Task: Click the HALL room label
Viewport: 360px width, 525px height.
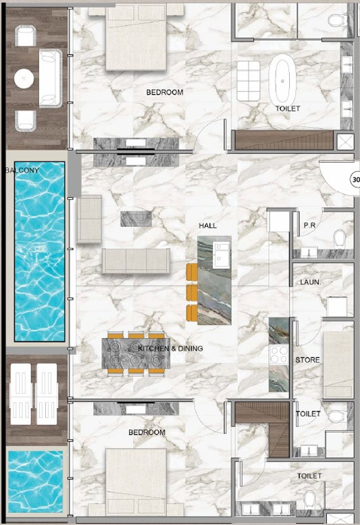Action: point(207,226)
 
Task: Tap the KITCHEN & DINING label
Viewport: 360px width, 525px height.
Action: point(170,349)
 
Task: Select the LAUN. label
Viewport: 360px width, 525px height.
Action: point(310,282)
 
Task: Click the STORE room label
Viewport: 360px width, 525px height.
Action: point(307,360)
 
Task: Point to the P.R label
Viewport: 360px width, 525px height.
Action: point(309,225)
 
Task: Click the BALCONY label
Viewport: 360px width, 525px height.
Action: point(22,170)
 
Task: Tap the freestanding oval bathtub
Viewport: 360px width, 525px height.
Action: point(283,80)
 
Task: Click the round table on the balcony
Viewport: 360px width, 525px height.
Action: point(24,78)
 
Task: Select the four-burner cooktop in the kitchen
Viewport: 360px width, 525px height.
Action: point(279,355)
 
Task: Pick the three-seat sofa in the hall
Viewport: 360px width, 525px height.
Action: point(136,261)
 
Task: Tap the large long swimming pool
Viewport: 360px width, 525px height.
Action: point(39,251)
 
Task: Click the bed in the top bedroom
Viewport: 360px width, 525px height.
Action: point(136,38)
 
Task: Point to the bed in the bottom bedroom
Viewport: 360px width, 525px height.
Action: point(136,482)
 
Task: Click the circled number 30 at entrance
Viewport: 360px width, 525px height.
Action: point(355,180)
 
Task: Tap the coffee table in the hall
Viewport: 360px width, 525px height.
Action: point(136,219)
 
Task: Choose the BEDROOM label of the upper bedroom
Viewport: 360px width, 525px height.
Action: point(165,92)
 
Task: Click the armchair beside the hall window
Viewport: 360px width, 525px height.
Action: point(89,219)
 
